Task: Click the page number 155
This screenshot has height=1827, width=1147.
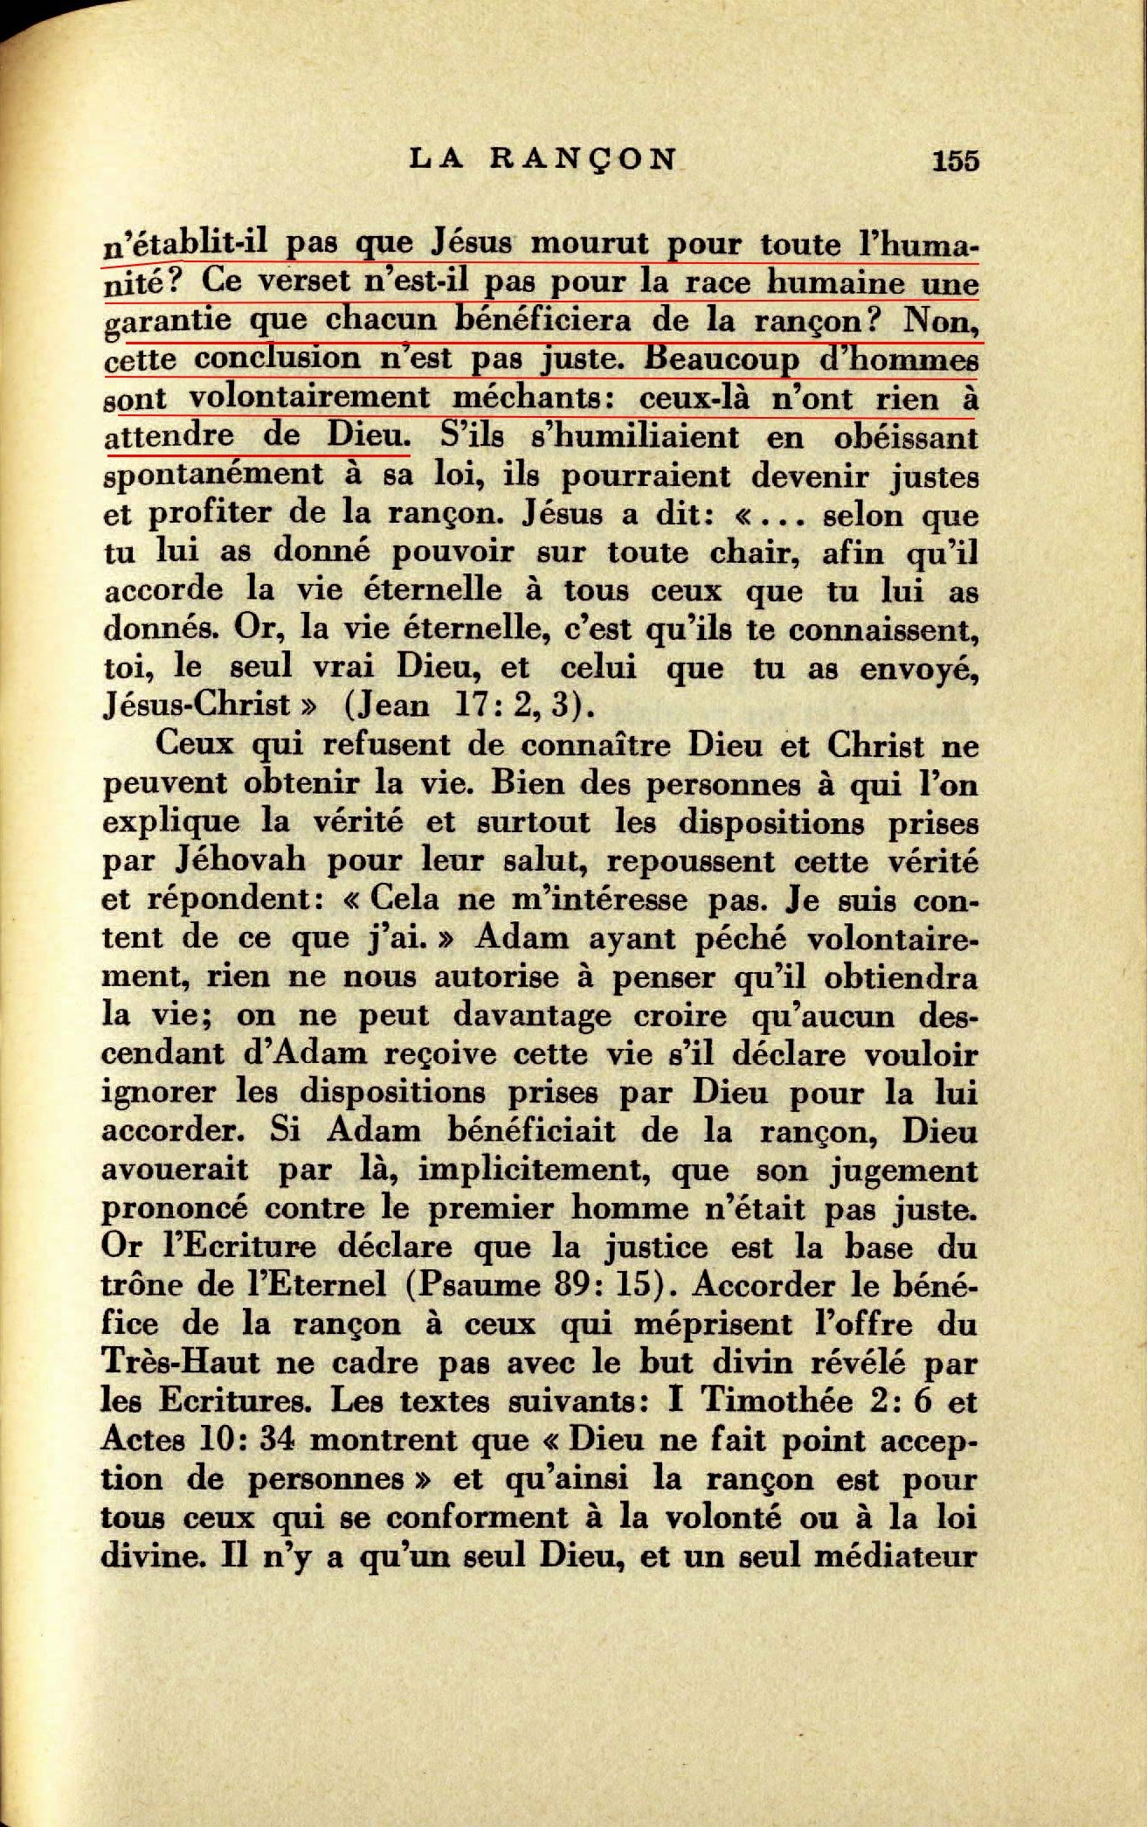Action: coord(956,161)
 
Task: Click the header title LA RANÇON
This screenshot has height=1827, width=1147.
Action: coord(542,159)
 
